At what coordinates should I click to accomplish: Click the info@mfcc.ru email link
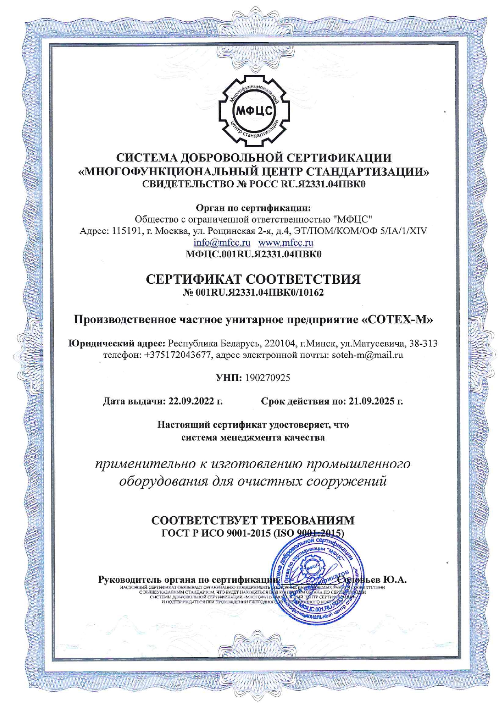point(222,243)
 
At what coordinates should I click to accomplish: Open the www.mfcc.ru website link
point(286,243)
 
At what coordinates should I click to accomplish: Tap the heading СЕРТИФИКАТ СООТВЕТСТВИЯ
point(253,279)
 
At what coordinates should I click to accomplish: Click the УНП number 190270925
point(267,378)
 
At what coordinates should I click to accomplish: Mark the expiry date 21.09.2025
point(372,402)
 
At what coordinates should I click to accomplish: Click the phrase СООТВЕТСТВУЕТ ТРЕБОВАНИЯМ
point(253,520)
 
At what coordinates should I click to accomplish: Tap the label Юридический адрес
point(117,343)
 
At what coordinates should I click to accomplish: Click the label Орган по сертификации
point(253,209)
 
